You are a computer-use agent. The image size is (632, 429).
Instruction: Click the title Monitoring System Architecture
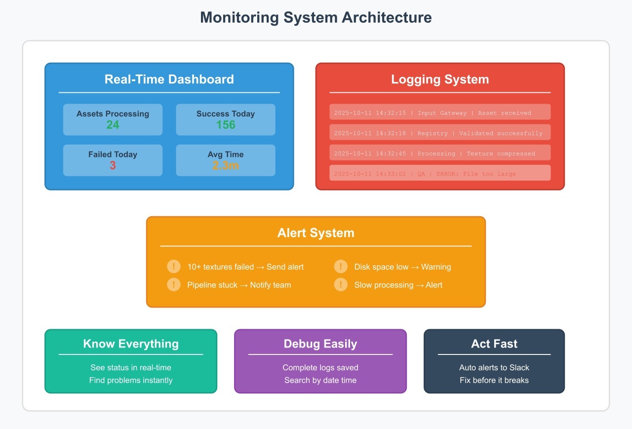(316, 18)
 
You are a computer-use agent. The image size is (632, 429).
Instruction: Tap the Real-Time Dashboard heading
(169, 79)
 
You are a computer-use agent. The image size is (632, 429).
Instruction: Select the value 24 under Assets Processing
(113, 125)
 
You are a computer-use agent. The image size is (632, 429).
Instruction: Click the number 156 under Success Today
(226, 125)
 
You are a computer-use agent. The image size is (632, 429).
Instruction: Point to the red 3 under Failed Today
(113, 165)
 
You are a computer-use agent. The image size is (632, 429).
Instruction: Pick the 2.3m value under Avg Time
(226, 165)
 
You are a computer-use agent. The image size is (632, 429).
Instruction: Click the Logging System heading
(440, 79)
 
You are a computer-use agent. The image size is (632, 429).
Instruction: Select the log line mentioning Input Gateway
(433, 113)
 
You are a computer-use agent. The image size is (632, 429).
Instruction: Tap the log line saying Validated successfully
(438, 133)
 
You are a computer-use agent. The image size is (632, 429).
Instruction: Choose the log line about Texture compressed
(434, 154)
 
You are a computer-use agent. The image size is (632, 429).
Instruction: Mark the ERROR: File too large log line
(425, 174)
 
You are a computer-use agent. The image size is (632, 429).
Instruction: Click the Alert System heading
(316, 233)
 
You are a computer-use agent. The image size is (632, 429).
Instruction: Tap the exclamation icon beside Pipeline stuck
(174, 285)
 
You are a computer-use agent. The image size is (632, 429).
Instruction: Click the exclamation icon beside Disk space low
(341, 267)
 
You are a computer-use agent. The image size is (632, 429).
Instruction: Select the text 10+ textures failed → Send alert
(245, 267)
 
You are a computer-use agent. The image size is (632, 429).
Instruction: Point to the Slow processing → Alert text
(398, 285)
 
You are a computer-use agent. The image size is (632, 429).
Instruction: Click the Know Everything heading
(131, 344)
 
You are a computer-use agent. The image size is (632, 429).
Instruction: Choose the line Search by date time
(320, 380)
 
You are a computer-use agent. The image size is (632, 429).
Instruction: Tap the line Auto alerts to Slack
(494, 367)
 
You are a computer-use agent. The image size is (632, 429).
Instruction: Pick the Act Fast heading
(494, 344)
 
